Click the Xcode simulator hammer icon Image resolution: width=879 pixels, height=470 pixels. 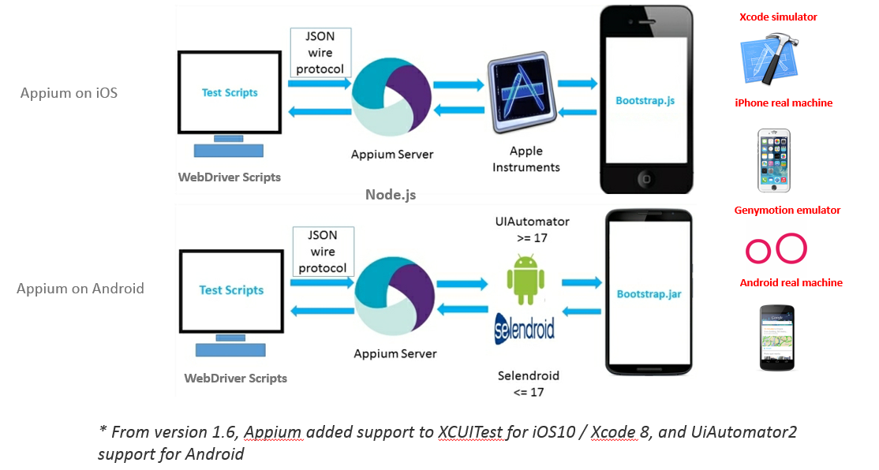tap(768, 59)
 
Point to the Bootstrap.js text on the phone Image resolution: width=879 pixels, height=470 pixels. tap(645, 100)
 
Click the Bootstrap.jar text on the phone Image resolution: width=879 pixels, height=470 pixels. tap(648, 294)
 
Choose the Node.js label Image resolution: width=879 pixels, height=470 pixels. tap(390, 194)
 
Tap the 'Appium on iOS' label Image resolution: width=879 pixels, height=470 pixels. tap(69, 93)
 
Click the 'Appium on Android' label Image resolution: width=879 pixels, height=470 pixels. tap(80, 289)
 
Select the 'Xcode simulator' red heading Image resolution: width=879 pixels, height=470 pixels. tap(778, 17)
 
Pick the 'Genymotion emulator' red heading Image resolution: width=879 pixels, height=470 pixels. tap(787, 211)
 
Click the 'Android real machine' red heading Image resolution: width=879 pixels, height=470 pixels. tap(791, 282)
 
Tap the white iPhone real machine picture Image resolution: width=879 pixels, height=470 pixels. tap(774, 160)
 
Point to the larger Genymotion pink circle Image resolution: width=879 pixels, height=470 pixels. tap(791, 248)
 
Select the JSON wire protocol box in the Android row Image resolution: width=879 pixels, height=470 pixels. tap(323, 252)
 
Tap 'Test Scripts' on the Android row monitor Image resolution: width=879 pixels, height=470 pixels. tap(231, 290)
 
